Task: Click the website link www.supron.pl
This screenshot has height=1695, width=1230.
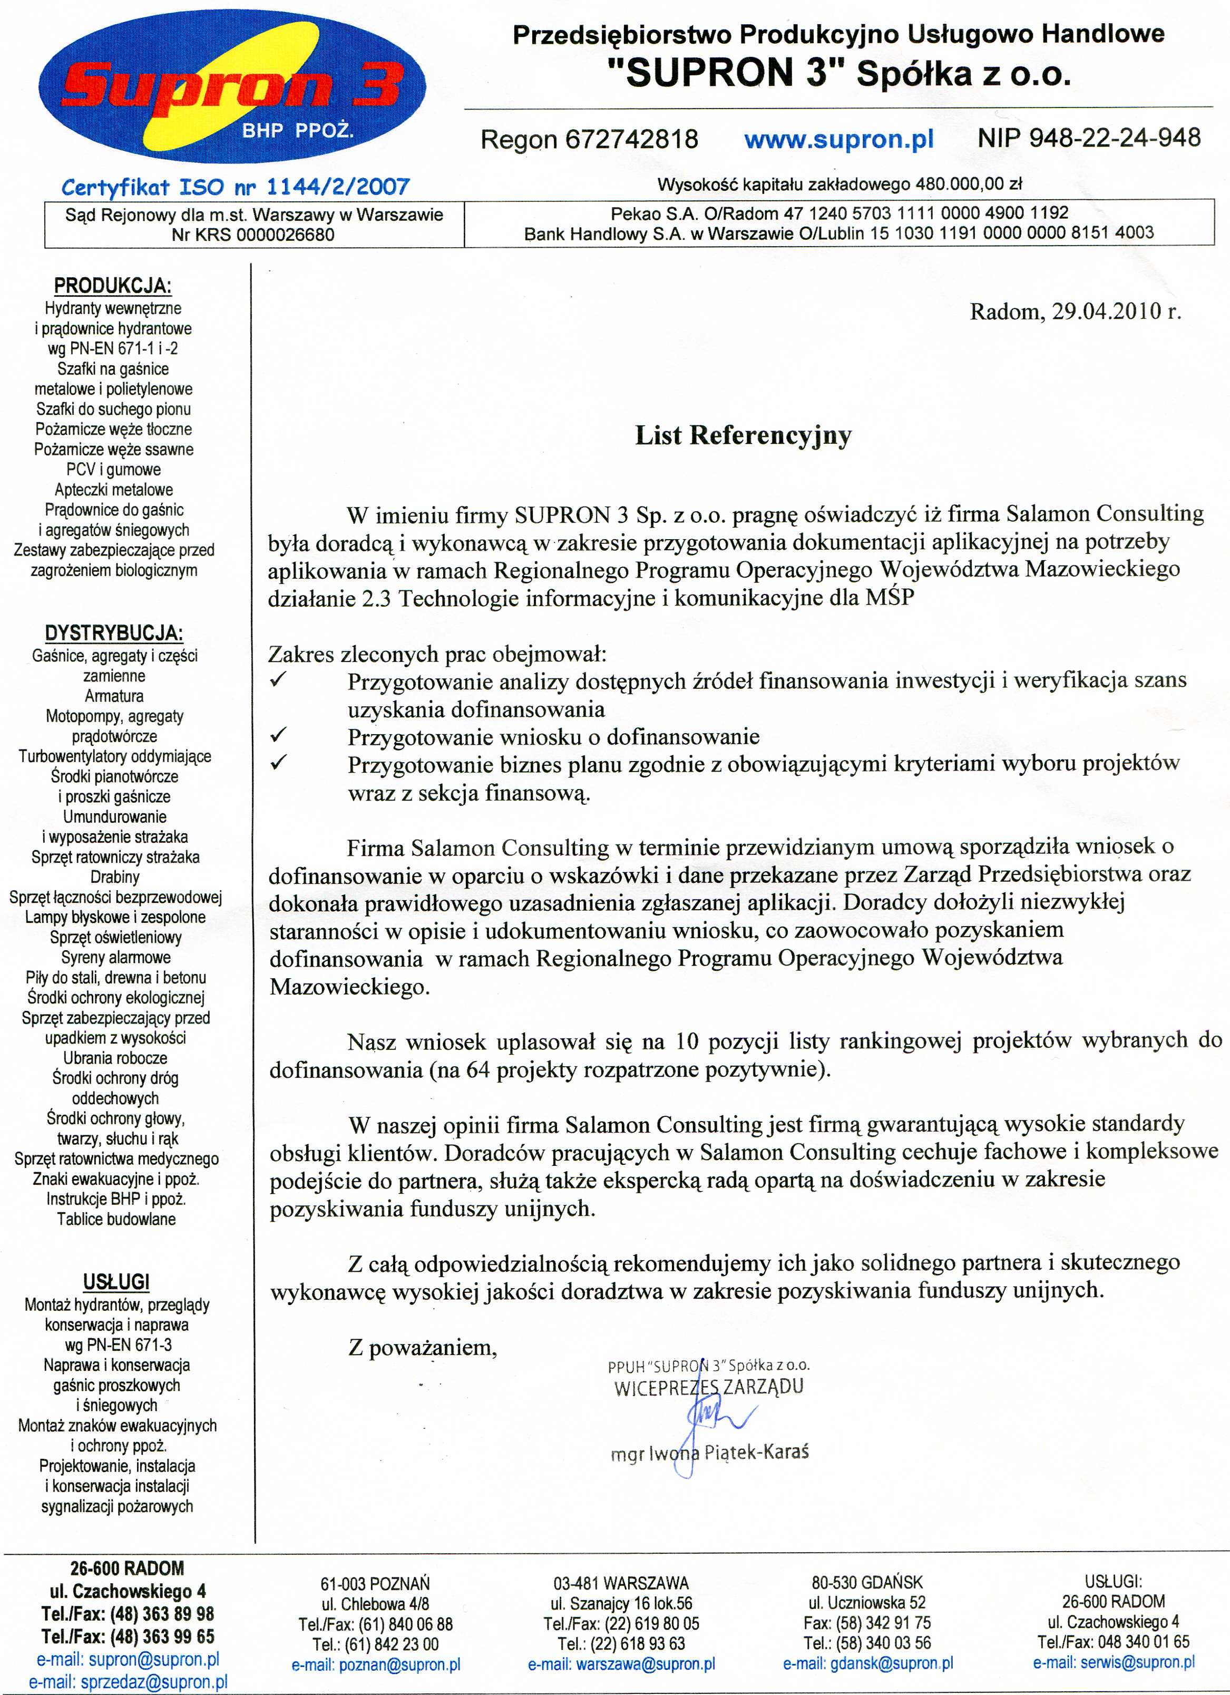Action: pyautogui.click(x=838, y=139)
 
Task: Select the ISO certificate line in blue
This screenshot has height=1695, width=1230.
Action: pyautogui.click(x=236, y=186)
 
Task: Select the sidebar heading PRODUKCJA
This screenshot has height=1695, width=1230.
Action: pyautogui.click(x=113, y=286)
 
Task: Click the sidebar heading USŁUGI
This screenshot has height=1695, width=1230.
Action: pyautogui.click(x=116, y=1282)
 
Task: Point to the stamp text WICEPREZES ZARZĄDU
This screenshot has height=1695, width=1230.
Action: pyautogui.click(x=708, y=1388)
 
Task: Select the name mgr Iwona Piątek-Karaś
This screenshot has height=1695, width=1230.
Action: pyautogui.click(x=709, y=1453)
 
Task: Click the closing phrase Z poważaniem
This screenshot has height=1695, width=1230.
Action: pyautogui.click(x=422, y=1348)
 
